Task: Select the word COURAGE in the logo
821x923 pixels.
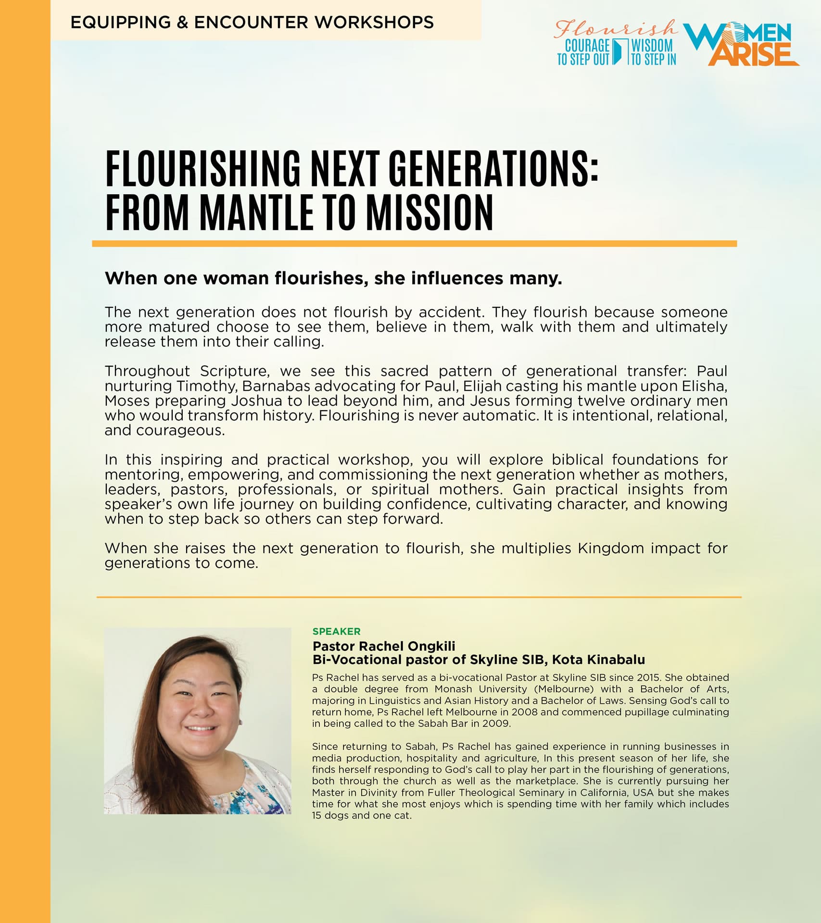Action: pyautogui.click(x=587, y=46)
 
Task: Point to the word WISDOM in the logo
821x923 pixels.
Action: pyautogui.click(x=652, y=46)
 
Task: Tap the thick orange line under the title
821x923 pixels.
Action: pyautogui.click(x=414, y=244)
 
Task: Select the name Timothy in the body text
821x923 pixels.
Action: pyautogui.click(x=206, y=386)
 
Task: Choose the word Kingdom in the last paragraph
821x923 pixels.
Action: pyautogui.click(x=611, y=549)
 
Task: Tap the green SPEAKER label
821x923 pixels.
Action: pyautogui.click(x=336, y=632)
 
